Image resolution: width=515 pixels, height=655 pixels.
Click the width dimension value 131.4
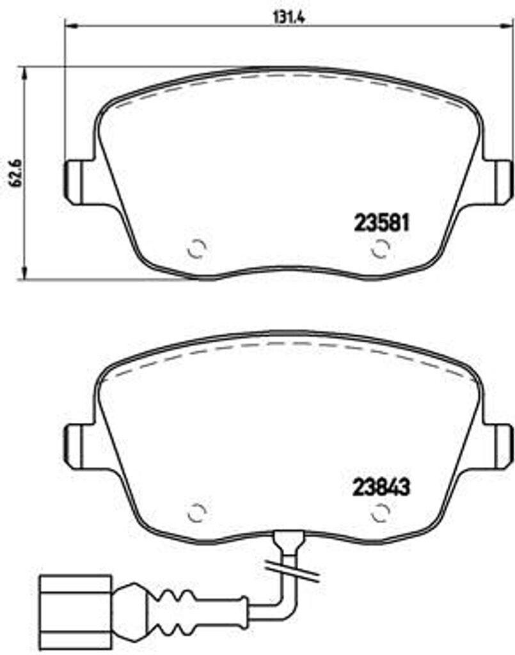tap(288, 17)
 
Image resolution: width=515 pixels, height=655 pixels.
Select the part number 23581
tap(381, 223)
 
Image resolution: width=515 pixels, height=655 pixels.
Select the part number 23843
tap(381, 487)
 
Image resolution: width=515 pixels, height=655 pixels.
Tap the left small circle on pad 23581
tap(197, 248)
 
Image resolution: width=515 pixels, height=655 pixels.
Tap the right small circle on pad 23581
tap(381, 248)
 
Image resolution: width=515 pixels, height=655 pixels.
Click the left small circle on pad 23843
tap(197, 512)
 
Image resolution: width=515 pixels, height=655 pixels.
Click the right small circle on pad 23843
tap(381, 512)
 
